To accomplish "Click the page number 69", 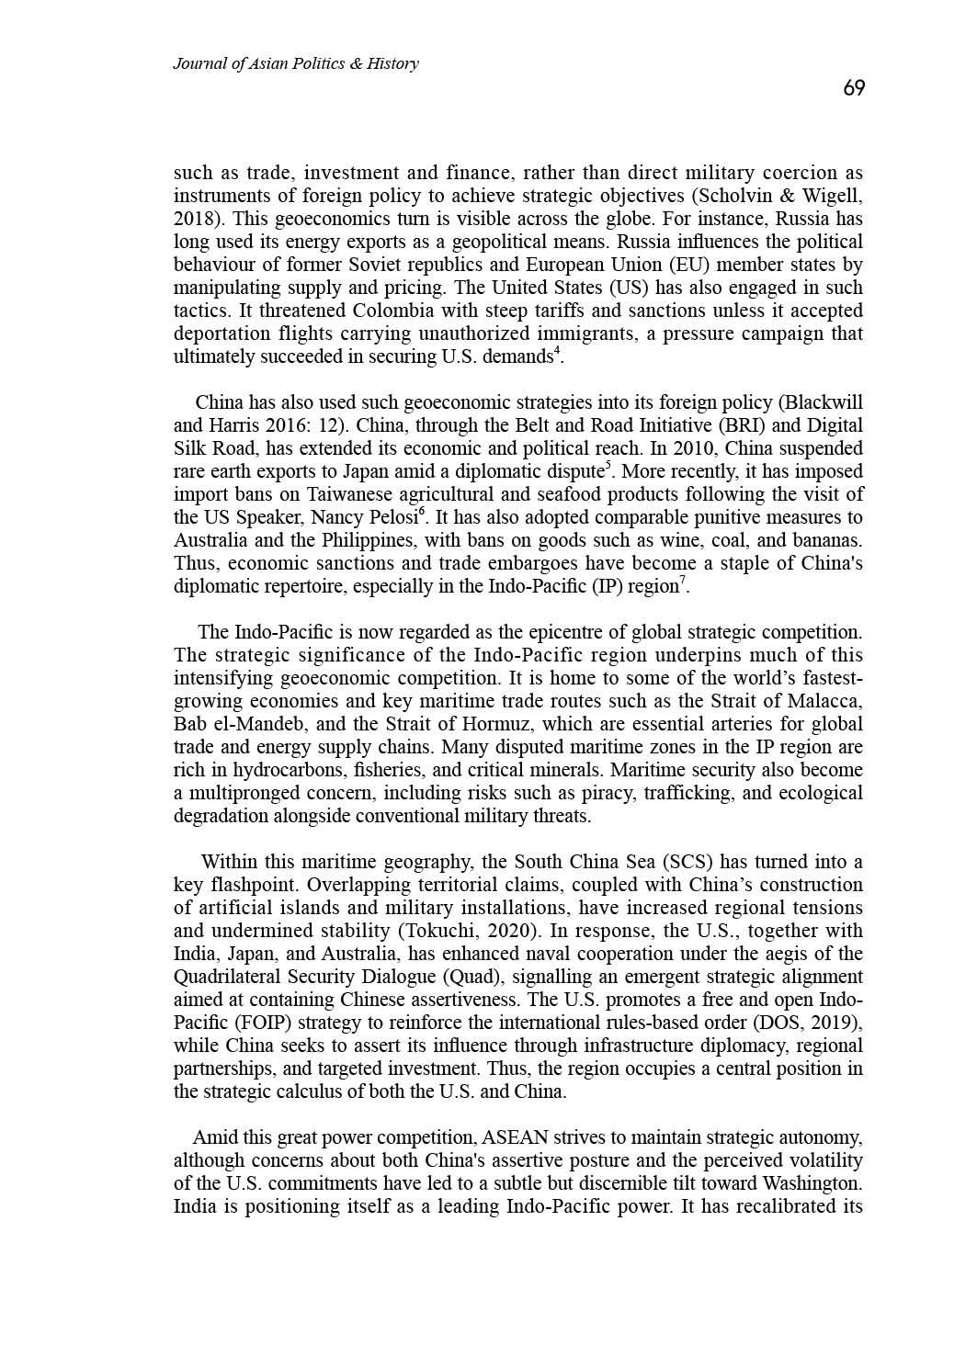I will tap(854, 88).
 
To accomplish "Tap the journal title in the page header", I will tap(296, 63).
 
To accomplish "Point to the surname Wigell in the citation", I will tap(832, 196).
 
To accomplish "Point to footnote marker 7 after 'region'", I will tap(682, 581).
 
